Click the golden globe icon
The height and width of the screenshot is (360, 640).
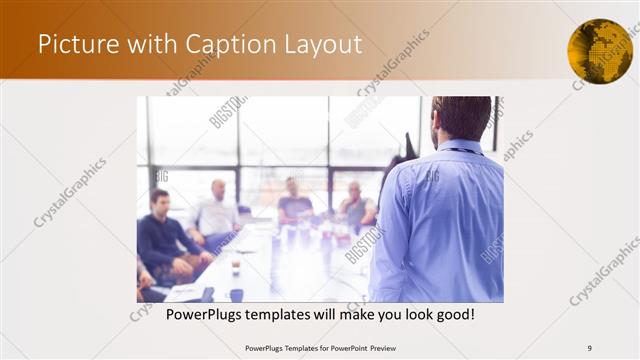click(600, 51)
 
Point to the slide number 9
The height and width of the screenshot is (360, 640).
click(590, 348)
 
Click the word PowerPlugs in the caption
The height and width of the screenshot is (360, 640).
click(203, 314)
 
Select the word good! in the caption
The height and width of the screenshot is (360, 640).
click(452, 314)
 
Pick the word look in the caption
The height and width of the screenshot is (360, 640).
click(411, 314)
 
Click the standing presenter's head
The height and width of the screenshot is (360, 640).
click(461, 118)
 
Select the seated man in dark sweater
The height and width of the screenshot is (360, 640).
click(163, 235)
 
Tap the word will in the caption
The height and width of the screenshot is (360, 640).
click(321, 314)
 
